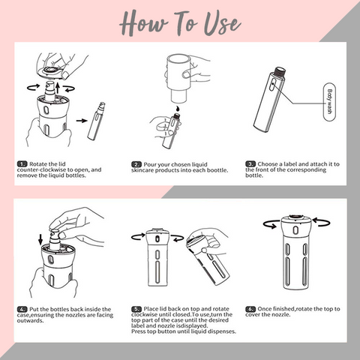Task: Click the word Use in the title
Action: tap(222, 23)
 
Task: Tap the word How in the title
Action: tap(143, 22)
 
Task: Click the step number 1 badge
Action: tap(22, 164)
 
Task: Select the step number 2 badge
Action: tap(136, 164)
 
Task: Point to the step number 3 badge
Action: tap(250, 164)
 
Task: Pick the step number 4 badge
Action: tap(22, 309)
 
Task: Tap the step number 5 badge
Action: tap(136, 309)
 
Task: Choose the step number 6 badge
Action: tap(250, 309)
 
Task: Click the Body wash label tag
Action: tap(329, 102)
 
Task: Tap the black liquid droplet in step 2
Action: tap(177, 109)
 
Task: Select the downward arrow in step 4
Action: tap(40, 239)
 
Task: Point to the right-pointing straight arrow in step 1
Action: tap(82, 121)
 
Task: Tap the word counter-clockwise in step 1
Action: tap(42, 169)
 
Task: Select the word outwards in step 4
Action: tap(30, 320)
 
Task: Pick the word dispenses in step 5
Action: tap(223, 331)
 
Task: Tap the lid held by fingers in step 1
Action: tap(51, 72)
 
